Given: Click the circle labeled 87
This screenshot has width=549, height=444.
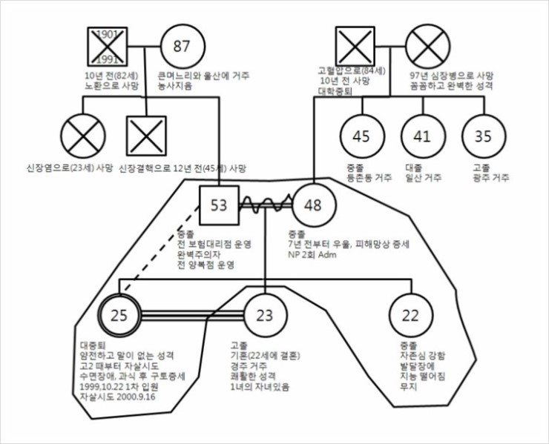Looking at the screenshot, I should click(x=182, y=46).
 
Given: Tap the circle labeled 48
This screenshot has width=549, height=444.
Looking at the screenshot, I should click(x=314, y=205).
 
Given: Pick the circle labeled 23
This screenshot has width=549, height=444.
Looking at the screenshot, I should click(x=265, y=316).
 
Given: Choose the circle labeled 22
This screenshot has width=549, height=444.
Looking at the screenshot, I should click(x=410, y=316).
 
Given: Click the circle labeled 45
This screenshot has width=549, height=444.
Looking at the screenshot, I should click(x=361, y=136).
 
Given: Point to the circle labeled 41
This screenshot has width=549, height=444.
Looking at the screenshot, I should click(x=422, y=136).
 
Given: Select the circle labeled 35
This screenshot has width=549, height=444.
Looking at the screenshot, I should click(x=483, y=136).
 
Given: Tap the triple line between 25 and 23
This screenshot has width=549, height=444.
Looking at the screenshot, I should click(x=192, y=316).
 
